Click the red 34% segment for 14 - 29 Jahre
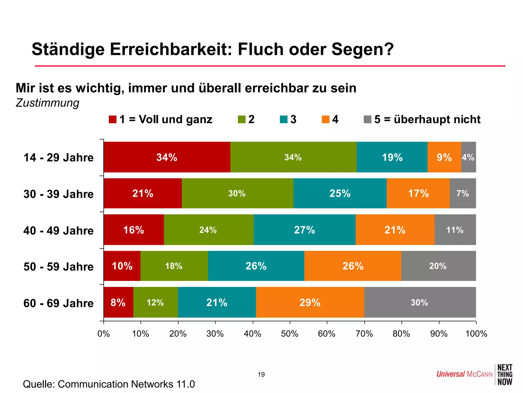point(167,157)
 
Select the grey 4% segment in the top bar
point(468,157)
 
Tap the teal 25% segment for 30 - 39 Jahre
point(340,193)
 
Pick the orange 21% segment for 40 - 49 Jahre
point(395,230)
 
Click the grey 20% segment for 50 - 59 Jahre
point(438,266)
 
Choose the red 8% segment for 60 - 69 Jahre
point(118,302)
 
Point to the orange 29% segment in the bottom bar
point(310,302)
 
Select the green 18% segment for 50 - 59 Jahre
point(174,266)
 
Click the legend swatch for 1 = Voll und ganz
point(113,119)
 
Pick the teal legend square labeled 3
point(283,119)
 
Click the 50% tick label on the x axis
point(290,334)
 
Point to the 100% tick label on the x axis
point(476,334)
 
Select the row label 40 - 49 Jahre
point(58,231)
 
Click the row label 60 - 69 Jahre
point(58,303)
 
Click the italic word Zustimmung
point(47,103)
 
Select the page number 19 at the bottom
point(261,375)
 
